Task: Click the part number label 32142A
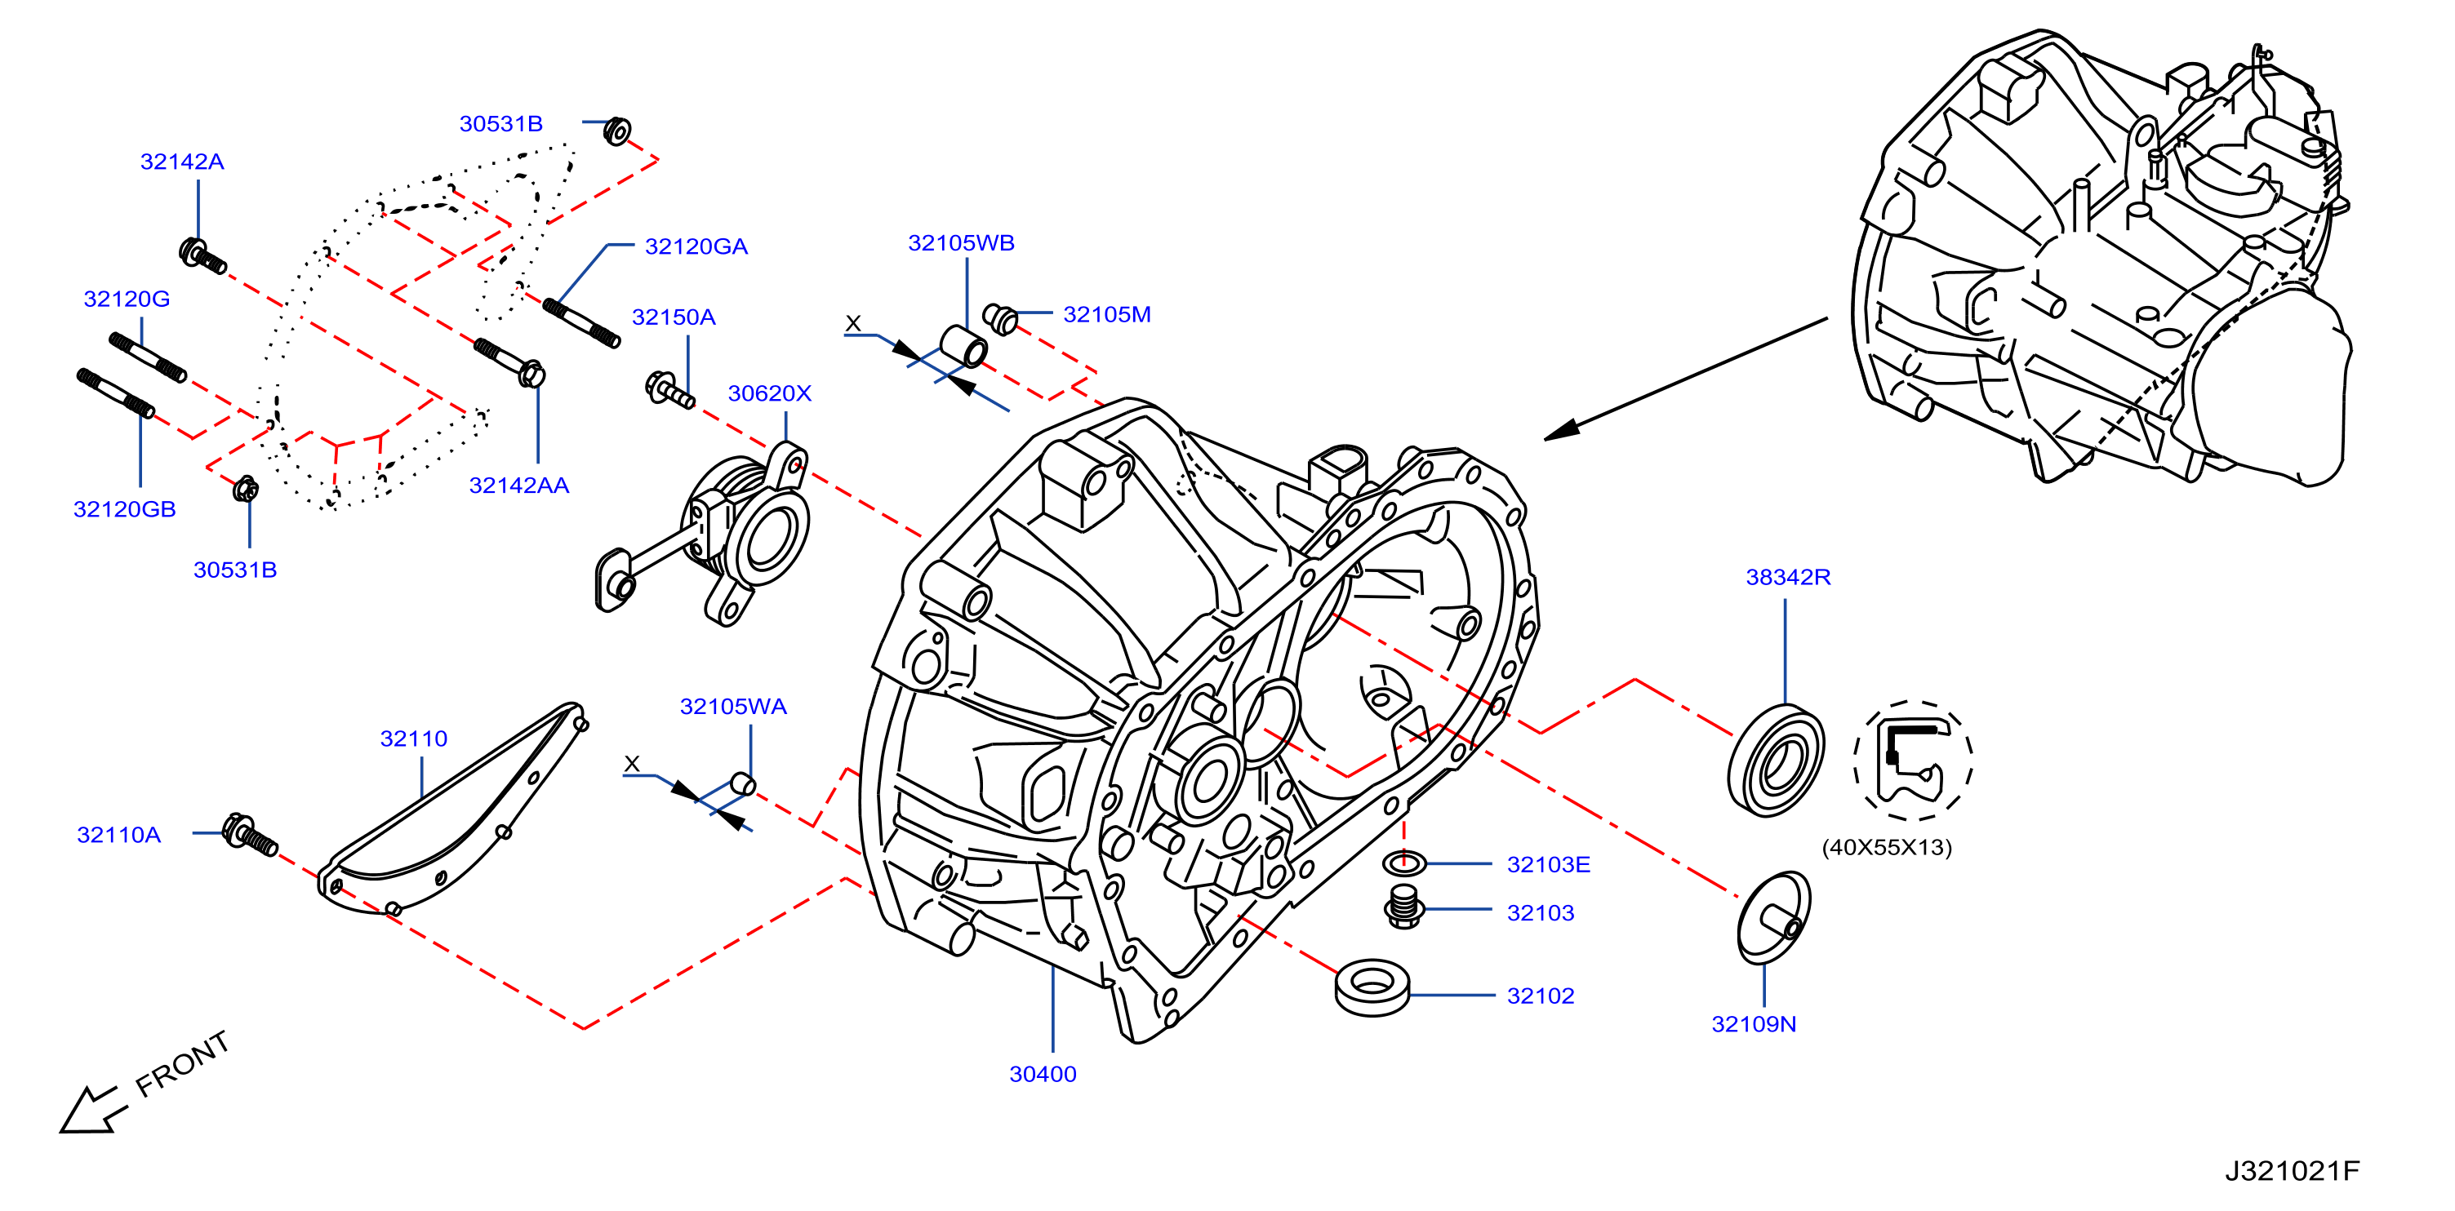[182, 162]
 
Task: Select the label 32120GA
[696, 246]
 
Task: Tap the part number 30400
[1043, 1074]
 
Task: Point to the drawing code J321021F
[2292, 1171]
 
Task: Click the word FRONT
[182, 1063]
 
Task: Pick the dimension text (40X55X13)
[1886, 847]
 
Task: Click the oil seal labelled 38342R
[1776, 761]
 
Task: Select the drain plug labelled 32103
[1403, 906]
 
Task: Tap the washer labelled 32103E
[1403, 863]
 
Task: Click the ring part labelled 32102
[1372, 987]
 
